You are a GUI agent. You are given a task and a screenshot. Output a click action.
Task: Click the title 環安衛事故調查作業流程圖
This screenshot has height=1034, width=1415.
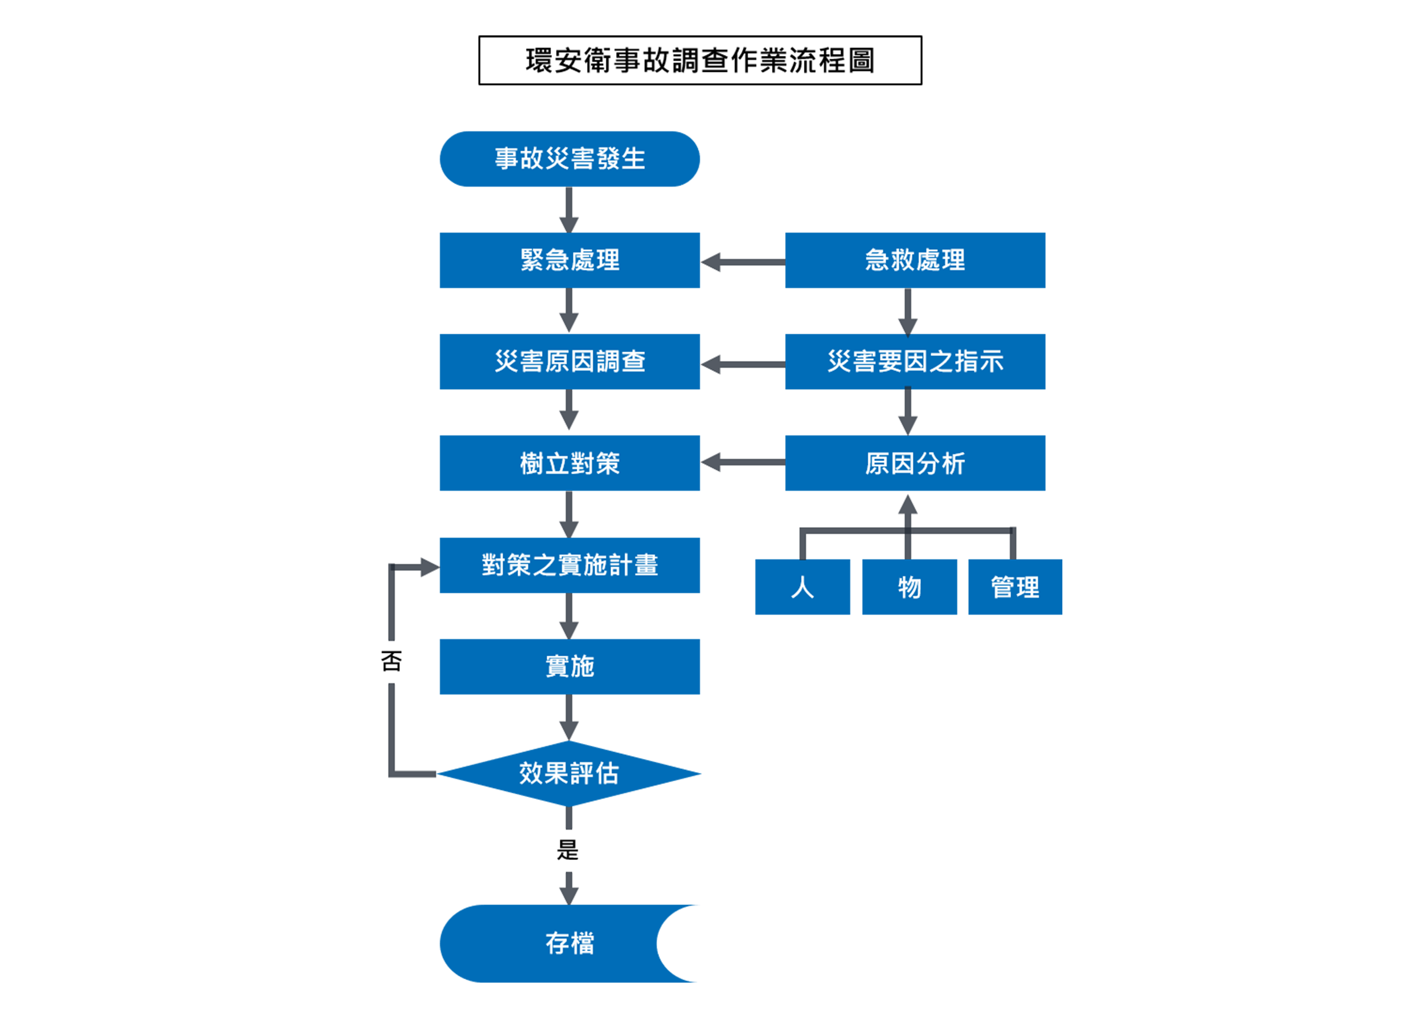(699, 60)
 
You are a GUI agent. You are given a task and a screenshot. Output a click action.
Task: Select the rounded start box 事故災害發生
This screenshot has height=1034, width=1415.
(569, 159)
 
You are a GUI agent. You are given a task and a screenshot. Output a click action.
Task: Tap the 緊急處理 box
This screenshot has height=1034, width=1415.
(569, 260)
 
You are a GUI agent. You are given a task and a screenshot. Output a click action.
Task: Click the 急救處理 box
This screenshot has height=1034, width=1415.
(915, 260)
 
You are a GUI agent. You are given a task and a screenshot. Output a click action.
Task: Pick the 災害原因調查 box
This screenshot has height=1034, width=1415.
(569, 362)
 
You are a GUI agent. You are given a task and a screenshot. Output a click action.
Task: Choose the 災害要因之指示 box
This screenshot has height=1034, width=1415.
(915, 362)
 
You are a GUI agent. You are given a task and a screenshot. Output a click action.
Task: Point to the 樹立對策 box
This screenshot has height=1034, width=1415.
(569, 463)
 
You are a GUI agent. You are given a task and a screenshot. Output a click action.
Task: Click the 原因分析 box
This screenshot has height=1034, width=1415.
(915, 463)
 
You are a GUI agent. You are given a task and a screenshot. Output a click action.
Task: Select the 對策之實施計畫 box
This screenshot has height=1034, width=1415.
(569, 565)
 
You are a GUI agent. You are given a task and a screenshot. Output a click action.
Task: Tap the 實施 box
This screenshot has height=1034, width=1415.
(569, 667)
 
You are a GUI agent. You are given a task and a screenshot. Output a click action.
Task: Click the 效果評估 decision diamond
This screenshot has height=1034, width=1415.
(569, 774)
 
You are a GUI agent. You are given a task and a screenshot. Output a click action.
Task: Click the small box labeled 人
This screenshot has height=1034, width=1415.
(802, 587)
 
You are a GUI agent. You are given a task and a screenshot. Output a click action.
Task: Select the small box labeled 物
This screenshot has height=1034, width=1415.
(909, 587)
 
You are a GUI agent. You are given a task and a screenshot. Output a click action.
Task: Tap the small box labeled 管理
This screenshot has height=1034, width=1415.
(1014, 587)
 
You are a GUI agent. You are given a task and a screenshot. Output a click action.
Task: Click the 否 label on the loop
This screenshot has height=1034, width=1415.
(391, 661)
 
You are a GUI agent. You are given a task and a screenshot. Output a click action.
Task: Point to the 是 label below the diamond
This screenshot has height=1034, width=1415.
(568, 850)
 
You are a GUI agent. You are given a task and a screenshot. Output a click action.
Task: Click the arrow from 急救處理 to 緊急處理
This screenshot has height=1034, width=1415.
(742, 262)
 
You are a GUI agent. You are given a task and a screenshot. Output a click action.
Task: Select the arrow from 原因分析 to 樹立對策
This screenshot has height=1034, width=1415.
(742, 463)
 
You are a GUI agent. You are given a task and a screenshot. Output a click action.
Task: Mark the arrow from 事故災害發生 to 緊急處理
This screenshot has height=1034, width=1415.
(568, 209)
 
